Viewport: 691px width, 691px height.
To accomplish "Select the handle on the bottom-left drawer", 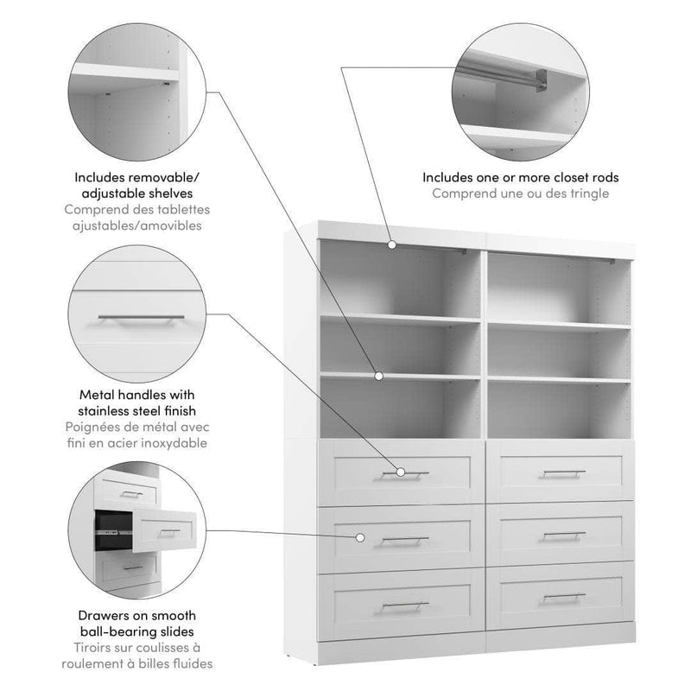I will pyautogui.click(x=400, y=605).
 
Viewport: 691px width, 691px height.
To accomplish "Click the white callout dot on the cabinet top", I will pyautogui.click(x=391, y=245).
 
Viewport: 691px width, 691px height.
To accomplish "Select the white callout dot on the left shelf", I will pyautogui.click(x=378, y=376).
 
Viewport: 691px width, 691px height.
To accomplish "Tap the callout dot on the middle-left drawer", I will pyautogui.click(x=358, y=537).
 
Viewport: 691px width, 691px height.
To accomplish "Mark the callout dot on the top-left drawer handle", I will pyautogui.click(x=401, y=472).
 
